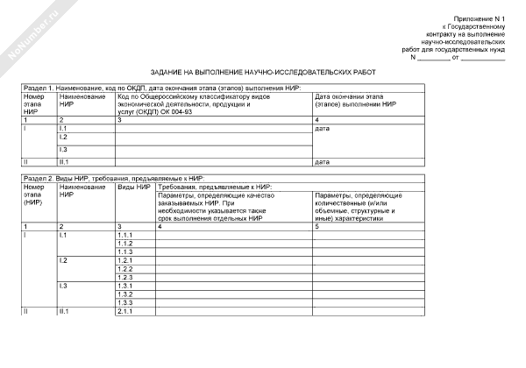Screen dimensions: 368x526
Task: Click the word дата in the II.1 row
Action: (322, 162)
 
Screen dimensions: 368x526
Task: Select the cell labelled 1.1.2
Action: (124, 243)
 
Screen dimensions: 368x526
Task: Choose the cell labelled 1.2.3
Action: (124, 277)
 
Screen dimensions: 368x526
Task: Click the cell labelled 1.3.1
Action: (124, 286)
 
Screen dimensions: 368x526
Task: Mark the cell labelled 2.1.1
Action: (124, 311)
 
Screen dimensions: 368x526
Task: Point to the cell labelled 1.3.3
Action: (124, 302)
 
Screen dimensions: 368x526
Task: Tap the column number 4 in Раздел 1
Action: (316, 119)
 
